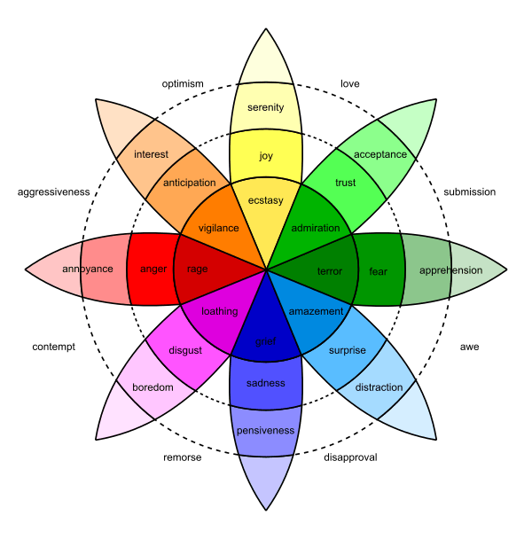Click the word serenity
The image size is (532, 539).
pyautogui.click(x=266, y=107)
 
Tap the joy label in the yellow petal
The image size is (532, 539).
pyautogui.click(x=266, y=156)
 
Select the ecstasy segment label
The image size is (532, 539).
pyautogui.click(x=266, y=201)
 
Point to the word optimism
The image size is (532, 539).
pyautogui.click(x=183, y=84)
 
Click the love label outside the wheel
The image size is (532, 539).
pyautogui.click(x=349, y=84)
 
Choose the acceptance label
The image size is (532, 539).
pyautogui.click(x=380, y=154)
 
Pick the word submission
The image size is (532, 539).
pyautogui.click(x=470, y=191)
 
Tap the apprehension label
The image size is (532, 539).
pyautogui.click(x=450, y=269)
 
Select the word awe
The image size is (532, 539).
pyautogui.click(x=470, y=347)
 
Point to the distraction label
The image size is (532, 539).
pyautogui.click(x=379, y=387)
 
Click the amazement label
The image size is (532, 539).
pyautogui.click(x=316, y=312)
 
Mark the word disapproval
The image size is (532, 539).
pyautogui.click(x=351, y=457)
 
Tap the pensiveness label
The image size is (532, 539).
pyautogui.click(x=265, y=431)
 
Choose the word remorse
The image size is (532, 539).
pyautogui.click(x=183, y=457)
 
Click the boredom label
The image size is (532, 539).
pyautogui.click(x=153, y=387)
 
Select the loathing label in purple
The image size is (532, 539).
pyautogui.click(x=219, y=311)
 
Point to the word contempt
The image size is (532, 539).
pyautogui.click(x=53, y=347)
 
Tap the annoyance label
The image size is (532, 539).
pyautogui.click(x=88, y=269)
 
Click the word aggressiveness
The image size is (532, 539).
pyautogui.click(x=53, y=191)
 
